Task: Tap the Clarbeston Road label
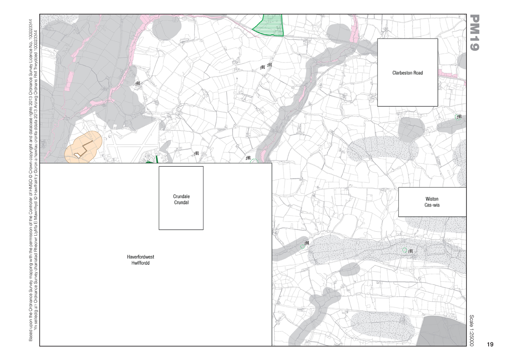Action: (x=407, y=73)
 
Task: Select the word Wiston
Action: (x=432, y=199)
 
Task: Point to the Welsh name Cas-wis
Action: (x=432, y=205)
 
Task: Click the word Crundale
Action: (x=181, y=196)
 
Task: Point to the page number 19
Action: (x=490, y=344)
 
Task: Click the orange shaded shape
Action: (x=83, y=147)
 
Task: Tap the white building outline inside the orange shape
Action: (x=77, y=156)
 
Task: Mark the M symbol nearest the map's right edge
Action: (x=459, y=116)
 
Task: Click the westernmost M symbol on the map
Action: (x=137, y=84)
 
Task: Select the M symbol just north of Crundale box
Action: (x=196, y=153)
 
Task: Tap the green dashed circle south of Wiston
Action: (x=405, y=250)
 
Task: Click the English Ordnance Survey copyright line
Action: (x=31, y=179)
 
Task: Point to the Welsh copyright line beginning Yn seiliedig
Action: (x=36, y=179)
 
